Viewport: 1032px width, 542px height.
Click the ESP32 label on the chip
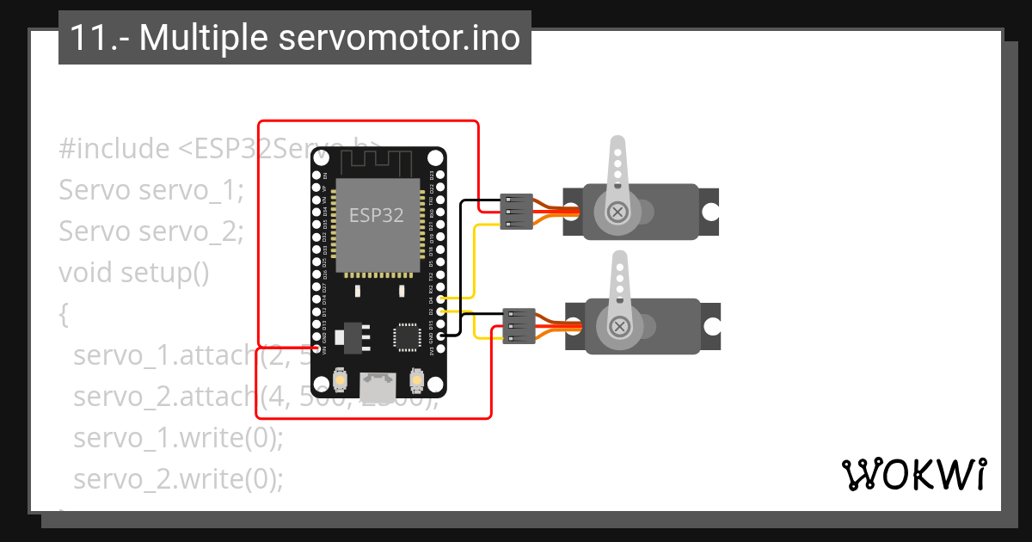[376, 215]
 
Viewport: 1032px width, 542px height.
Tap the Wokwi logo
[913, 474]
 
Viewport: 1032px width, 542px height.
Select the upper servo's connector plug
[516, 211]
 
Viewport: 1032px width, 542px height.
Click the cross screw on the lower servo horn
[619, 326]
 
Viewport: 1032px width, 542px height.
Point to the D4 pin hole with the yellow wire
[441, 299]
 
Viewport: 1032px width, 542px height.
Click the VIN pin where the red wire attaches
[316, 348]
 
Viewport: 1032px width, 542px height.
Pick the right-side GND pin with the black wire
[441, 336]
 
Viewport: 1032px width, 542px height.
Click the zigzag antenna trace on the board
[376, 161]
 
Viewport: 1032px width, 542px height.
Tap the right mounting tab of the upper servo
[709, 212]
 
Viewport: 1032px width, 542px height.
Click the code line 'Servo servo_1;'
[151, 190]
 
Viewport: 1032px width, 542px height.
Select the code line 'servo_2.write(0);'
[178, 478]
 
